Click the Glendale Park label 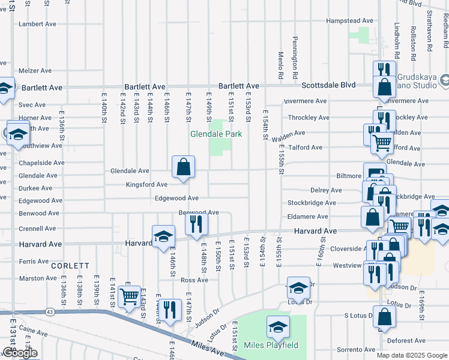click(x=216, y=134)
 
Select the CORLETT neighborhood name click(x=70, y=265)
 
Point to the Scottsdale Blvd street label click(x=328, y=85)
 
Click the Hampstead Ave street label click(x=349, y=20)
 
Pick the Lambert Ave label click(x=37, y=24)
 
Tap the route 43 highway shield click(x=49, y=311)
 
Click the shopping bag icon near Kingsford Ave click(x=183, y=167)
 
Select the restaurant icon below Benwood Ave click(x=196, y=225)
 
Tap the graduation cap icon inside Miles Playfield click(x=278, y=328)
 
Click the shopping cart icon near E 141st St click(x=129, y=296)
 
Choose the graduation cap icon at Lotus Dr click(x=298, y=289)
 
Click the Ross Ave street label click(x=194, y=280)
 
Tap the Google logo click(x=20, y=353)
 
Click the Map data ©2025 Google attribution click(x=412, y=355)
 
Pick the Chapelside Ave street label click(x=41, y=163)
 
